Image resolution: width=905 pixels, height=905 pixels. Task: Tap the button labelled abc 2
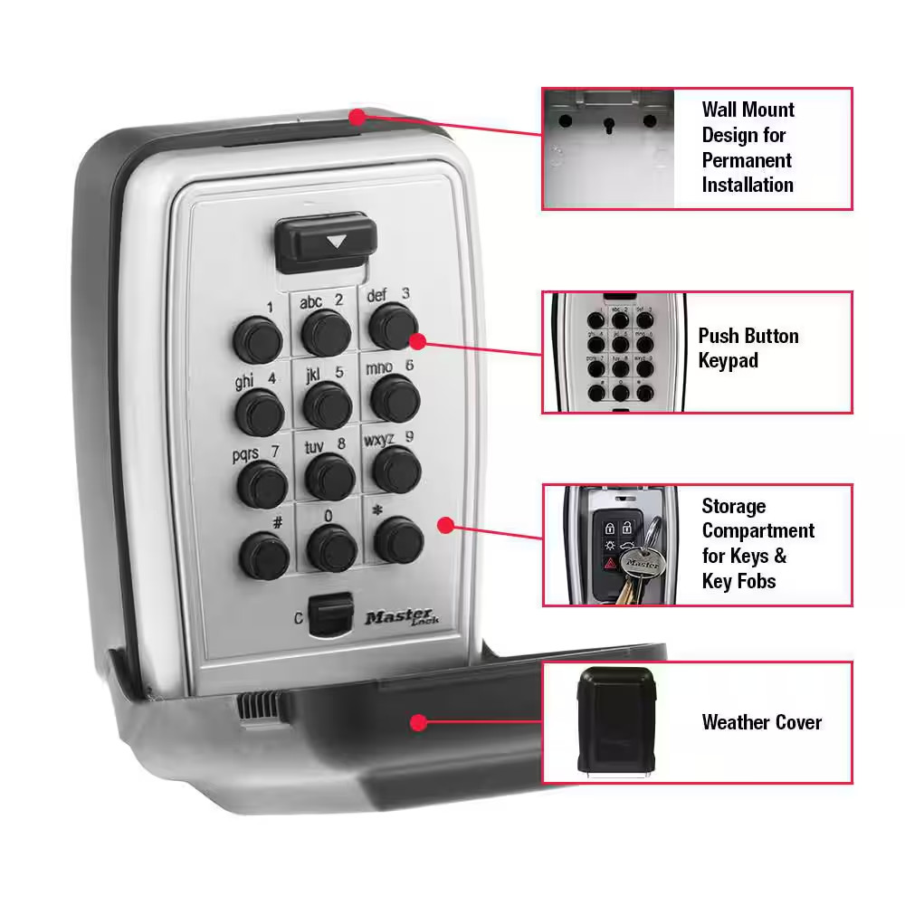(326, 333)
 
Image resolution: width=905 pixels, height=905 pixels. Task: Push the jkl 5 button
(328, 404)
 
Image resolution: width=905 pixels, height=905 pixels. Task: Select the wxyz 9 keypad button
(396, 468)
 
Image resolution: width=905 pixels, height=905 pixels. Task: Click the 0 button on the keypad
(331, 547)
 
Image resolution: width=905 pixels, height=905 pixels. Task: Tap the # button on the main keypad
(264, 554)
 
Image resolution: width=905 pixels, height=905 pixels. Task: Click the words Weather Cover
(761, 722)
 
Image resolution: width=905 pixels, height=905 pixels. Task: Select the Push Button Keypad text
(748, 348)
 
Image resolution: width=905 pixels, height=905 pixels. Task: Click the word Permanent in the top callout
(747, 160)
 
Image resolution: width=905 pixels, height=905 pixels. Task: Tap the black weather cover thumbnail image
(616, 721)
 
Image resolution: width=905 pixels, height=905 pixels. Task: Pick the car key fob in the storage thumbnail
(612, 548)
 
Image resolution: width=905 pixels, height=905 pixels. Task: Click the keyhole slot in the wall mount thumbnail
(607, 122)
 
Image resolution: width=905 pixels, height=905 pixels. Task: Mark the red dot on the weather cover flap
(417, 722)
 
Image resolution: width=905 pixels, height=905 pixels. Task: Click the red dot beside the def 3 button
(417, 340)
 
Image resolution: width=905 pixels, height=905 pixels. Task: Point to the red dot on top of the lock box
(357, 117)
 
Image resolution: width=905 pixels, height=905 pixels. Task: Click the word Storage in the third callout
(734, 506)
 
